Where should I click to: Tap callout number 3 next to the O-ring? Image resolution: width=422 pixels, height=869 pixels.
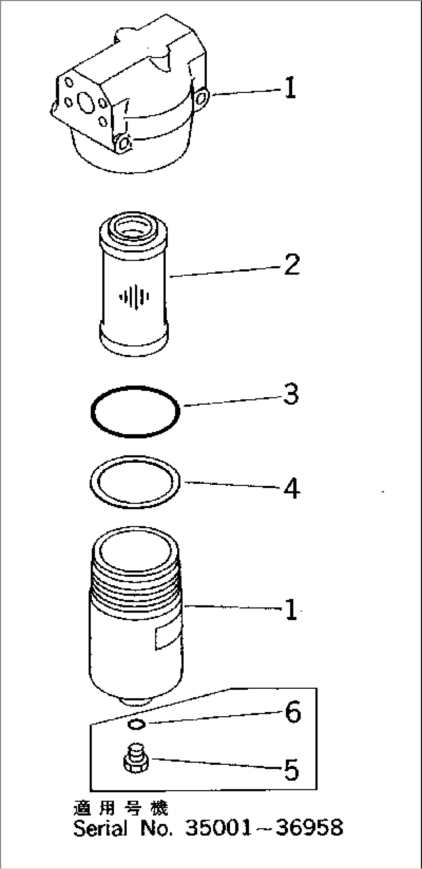pyautogui.click(x=291, y=395)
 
